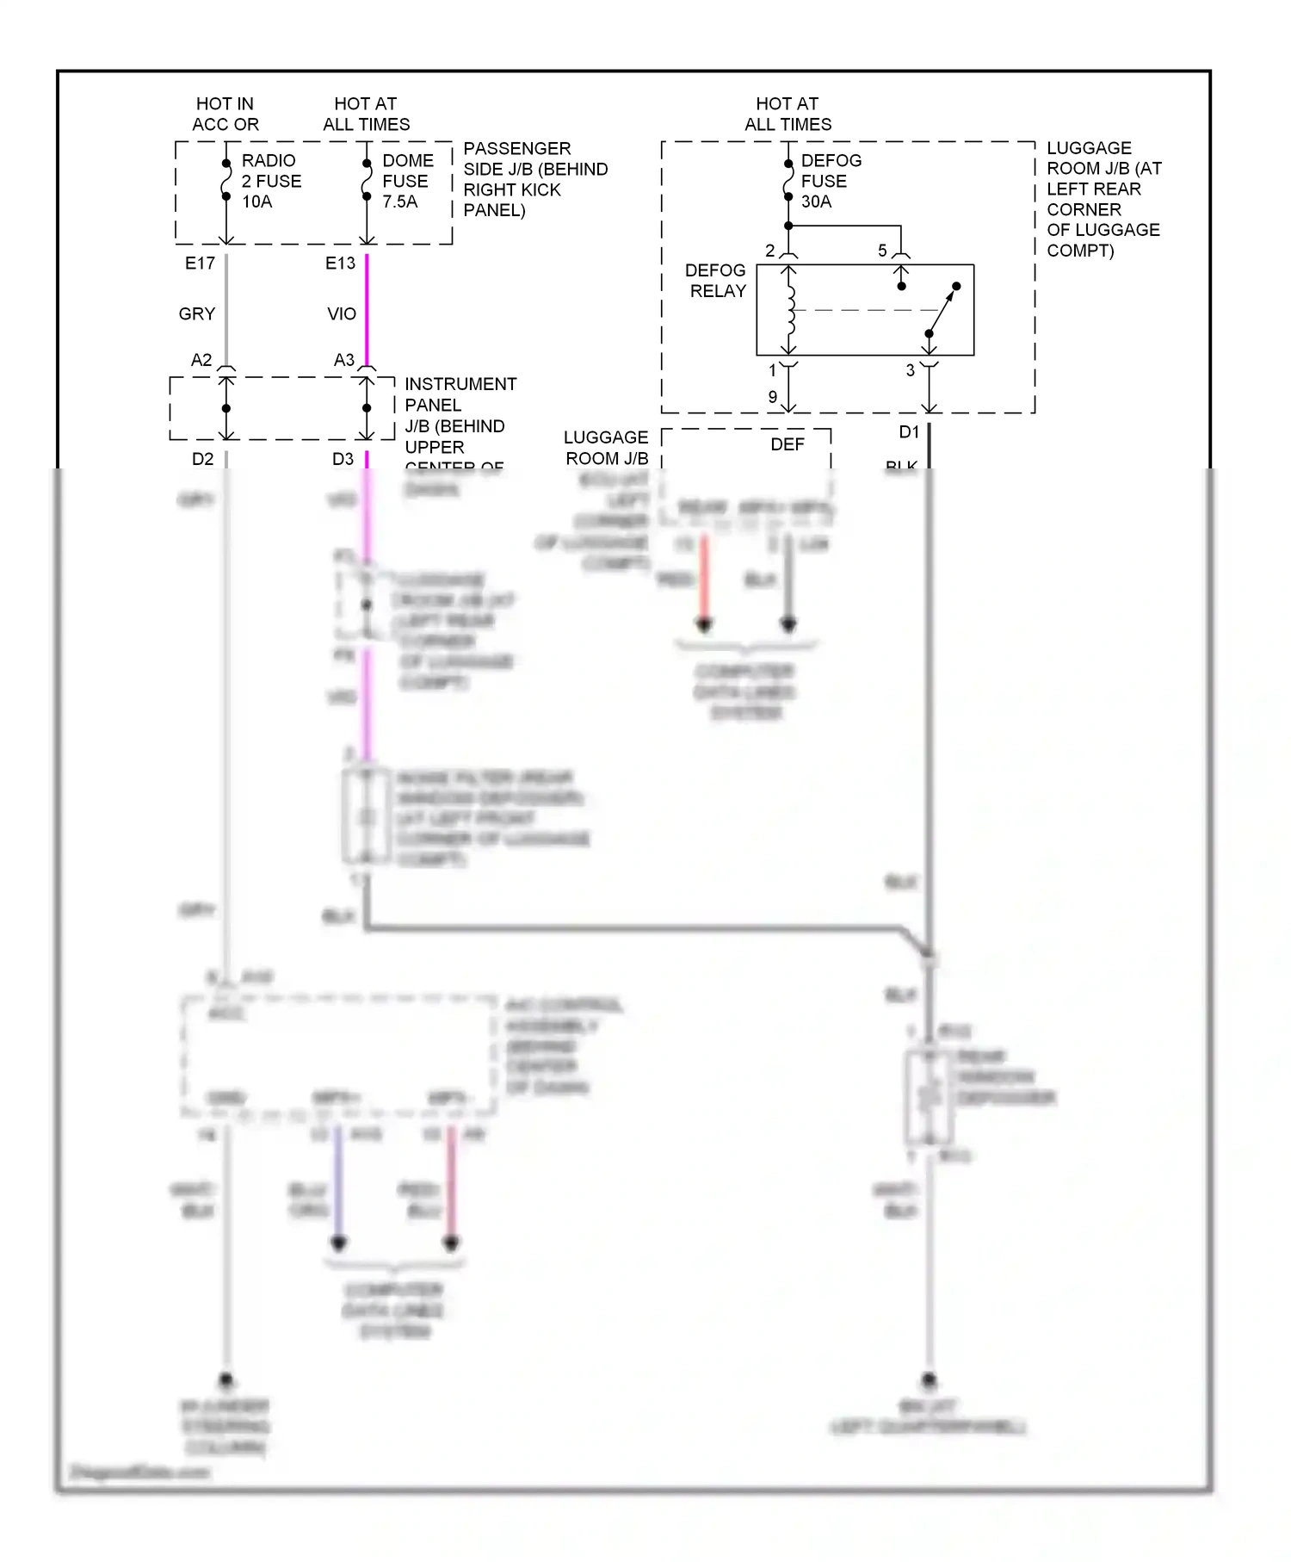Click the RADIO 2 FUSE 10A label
pyautogui.click(x=270, y=181)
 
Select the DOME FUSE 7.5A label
pyautogui.click(x=407, y=181)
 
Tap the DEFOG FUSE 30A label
pyautogui.click(x=830, y=181)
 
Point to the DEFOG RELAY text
pyautogui.click(x=715, y=281)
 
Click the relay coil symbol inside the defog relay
pyautogui.click(x=790, y=310)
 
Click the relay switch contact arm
pyautogui.click(x=943, y=310)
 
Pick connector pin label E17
pyautogui.click(x=200, y=263)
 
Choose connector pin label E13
pyautogui.click(x=340, y=263)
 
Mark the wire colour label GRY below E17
pyautogui.click(x=196, y=314)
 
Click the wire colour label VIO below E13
pyautogui.click(x=341, y=314)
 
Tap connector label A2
pyautogui.click(x=201, y=360)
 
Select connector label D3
pyautogui.click(x=343, y=459)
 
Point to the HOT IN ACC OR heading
pyautogui.click(x=225, y=114)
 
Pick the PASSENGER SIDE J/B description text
pyautogui.click(x=534, y=179)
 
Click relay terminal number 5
pyautogui.click(x=882, y=251)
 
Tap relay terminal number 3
pyautogui.click(x=910, y=371)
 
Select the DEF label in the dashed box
pyautogui.click(x=787, y=444)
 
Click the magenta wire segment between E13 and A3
pyautogui.click(x=367, y=310)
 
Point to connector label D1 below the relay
pyautogui.click(x=909, y=432)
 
